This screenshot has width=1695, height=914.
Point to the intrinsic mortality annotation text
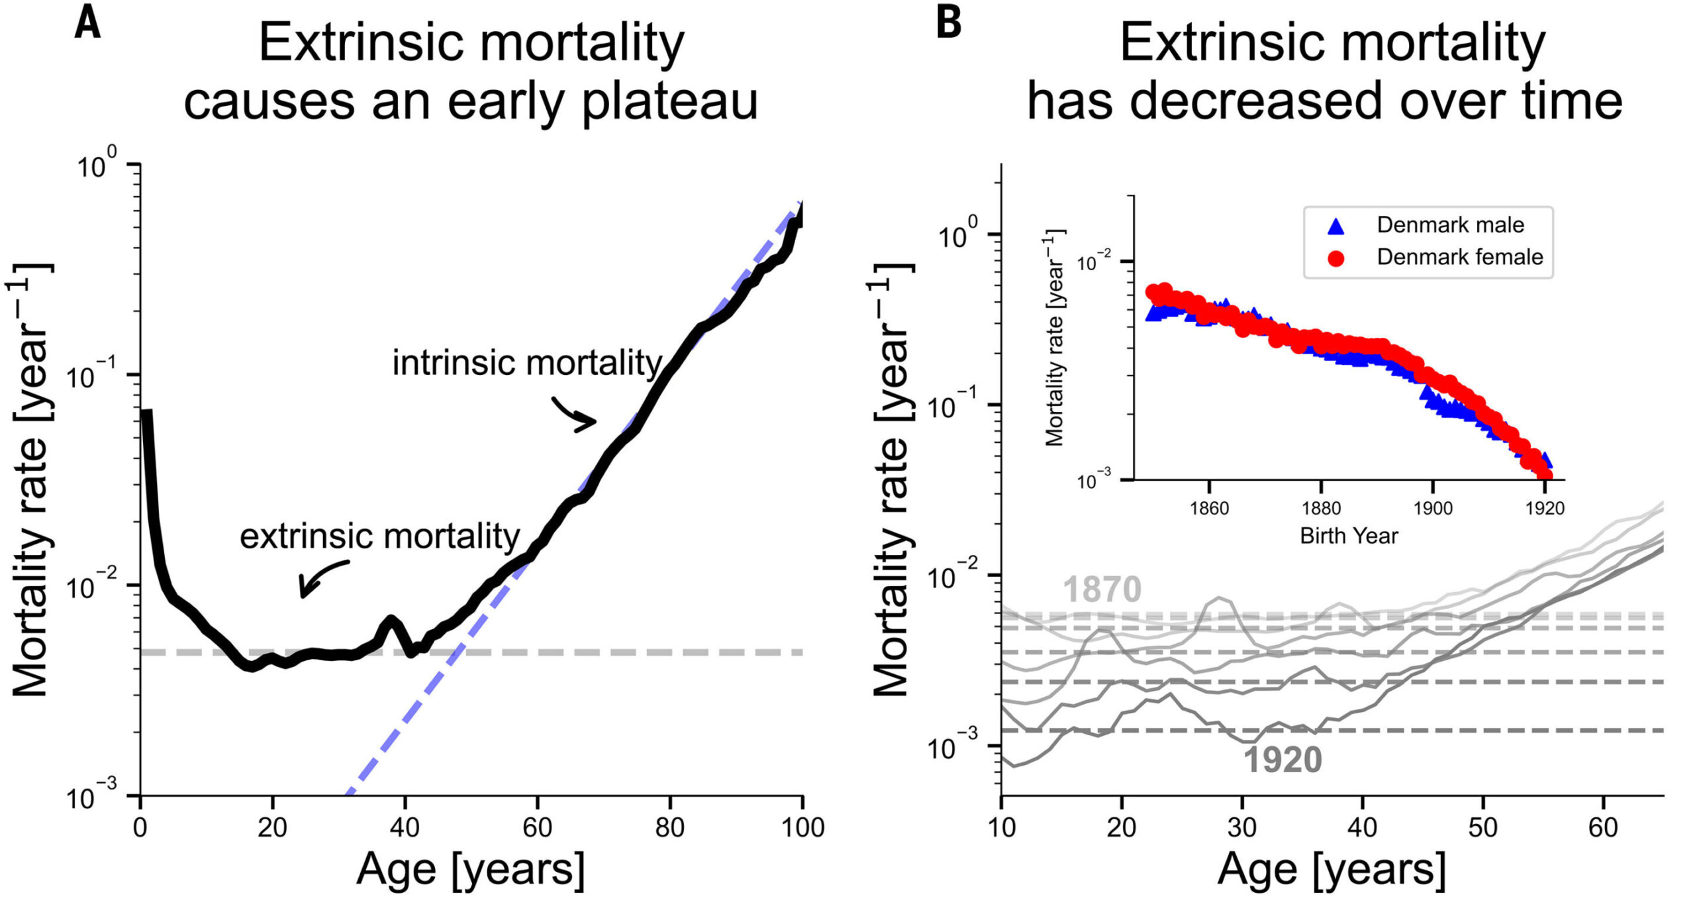coord(527,363)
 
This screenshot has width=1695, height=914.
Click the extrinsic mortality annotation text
coord(379,536)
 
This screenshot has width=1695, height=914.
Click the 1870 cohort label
coord(1102,589)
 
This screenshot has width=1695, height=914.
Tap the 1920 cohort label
coord(1283,760)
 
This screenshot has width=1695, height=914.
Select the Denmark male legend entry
coord(1450,225)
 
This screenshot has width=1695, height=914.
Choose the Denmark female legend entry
coord(1459,257)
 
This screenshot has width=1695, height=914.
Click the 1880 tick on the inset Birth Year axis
coord(1321,509)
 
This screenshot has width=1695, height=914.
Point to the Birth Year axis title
coord(1349,536)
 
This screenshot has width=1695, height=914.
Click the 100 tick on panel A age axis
coord(802,828)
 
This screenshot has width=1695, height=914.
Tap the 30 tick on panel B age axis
coord(1242,828)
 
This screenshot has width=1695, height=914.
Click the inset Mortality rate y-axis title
coord(1054,338)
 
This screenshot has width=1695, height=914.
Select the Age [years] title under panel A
coord(470,870)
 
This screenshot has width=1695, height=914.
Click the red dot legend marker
coord(1336,258)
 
